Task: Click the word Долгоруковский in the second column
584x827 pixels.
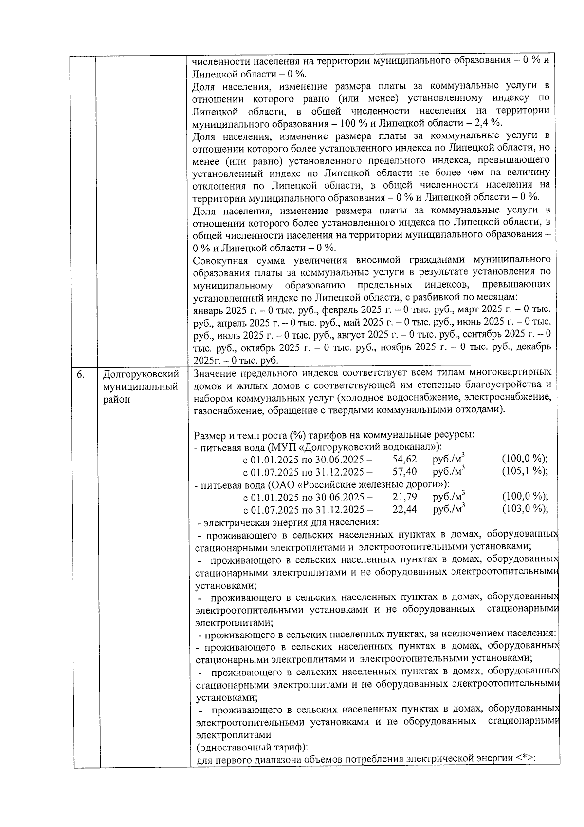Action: [x=141, y=374]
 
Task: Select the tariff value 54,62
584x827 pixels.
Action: [x=404, y=459]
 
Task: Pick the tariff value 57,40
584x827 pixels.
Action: [x=404, y=472]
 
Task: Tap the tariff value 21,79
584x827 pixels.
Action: [x=404, y=497]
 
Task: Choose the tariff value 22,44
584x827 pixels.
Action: [x=404, y=509]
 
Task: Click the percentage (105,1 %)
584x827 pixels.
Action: [x=525, y=472]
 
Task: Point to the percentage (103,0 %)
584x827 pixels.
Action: [x=525, y=509]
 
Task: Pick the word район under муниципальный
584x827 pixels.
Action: [x=117, y=400]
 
